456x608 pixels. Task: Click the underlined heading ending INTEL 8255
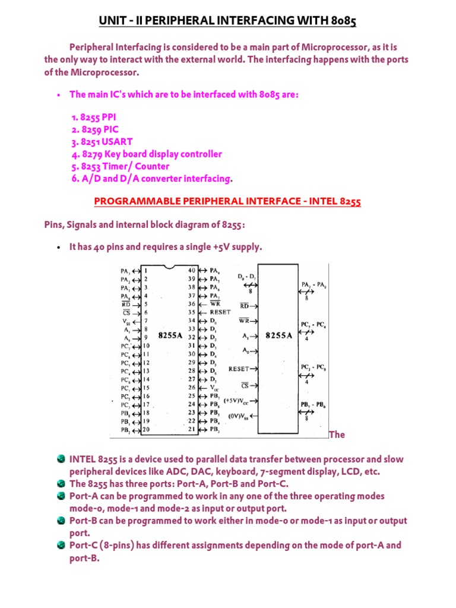click(x=228, y=202)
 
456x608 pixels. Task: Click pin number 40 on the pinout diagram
click(x=192, y=270)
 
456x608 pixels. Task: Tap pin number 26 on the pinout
click(x=192, y=387)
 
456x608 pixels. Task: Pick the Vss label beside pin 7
click(x=125, y=320)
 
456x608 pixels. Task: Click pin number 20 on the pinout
click(x=145, y=430)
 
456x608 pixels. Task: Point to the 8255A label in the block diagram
click(x=278, y=335)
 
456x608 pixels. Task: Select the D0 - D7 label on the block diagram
click(x=248, y=277)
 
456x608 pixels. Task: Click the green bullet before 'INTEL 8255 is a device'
click(x=62, y=460)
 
